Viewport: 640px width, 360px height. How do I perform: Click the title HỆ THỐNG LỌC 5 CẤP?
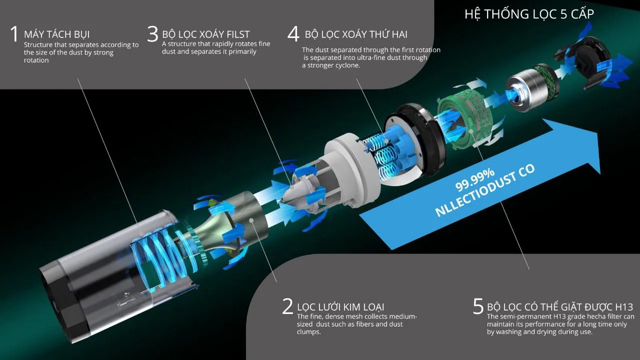pos(529,14)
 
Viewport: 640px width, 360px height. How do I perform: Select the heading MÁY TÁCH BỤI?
pos(57,34)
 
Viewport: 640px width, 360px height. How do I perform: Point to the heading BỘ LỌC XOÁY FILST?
pos(206,34)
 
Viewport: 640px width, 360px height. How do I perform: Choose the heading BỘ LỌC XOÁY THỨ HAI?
pos(356,34)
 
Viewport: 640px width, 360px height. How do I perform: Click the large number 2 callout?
pos(287,306)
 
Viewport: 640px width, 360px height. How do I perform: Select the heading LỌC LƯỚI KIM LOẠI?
pos(340,306)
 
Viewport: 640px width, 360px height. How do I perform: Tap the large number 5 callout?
pos(478,306)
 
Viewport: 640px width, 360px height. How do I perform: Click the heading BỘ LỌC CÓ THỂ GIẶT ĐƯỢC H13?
pos(560,306)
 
